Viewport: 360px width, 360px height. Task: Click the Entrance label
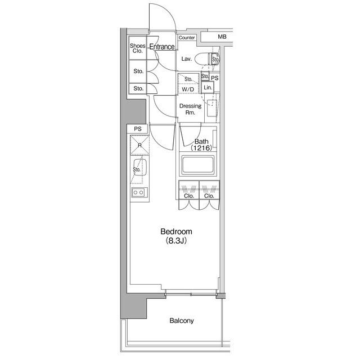coord(162,47)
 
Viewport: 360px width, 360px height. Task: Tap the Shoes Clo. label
coord(138,48)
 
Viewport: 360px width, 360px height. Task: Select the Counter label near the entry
coord(187,38)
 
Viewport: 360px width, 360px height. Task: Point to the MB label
coord(223,37)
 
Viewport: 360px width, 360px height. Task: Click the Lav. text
coord(187,59)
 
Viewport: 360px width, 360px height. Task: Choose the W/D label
coord(187,89)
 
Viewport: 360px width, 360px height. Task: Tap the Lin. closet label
coord(208,88)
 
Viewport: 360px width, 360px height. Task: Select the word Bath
coord(201,142)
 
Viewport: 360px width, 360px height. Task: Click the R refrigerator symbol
coord(139,145)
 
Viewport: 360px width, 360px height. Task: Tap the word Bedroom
coord(176,231)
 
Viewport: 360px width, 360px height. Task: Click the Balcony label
coord(182,321)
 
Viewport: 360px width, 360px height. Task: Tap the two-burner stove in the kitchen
coord(139,193)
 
